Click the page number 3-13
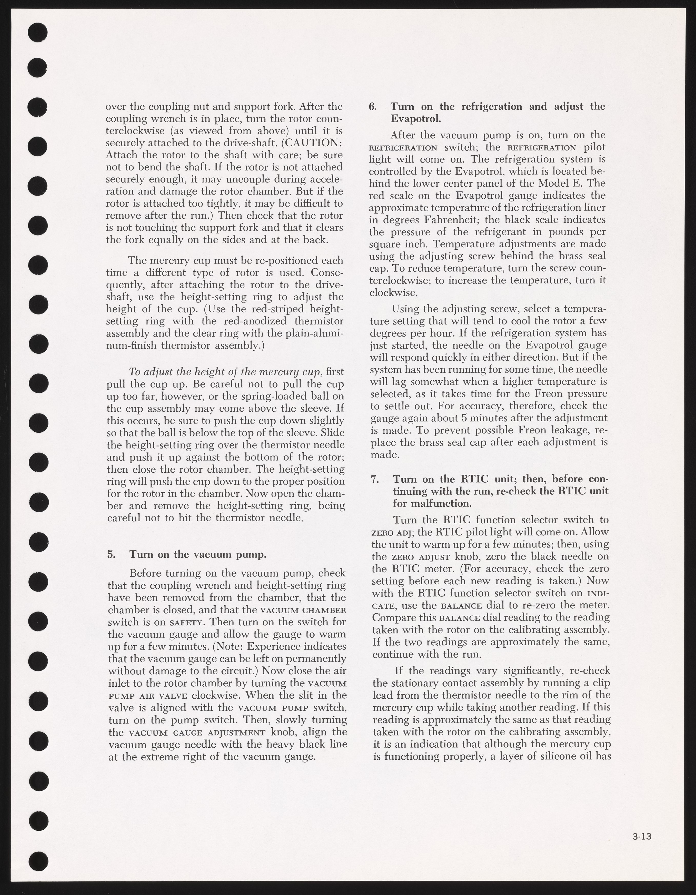tap(641, 834)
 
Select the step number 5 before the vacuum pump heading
tap(111, 554)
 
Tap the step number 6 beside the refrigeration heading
tap(373, 107)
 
